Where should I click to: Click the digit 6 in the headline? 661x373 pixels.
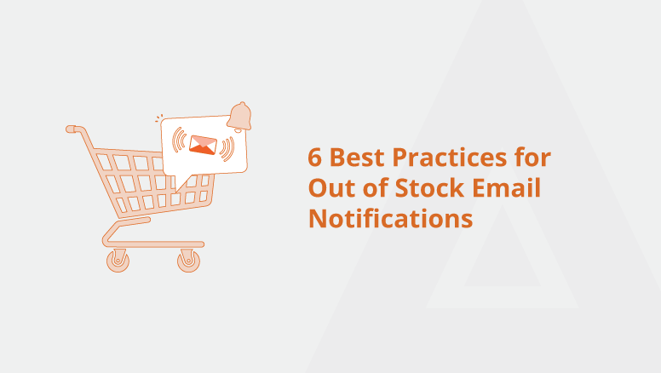(x=314, y=158)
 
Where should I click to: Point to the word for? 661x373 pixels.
(x=533, y=157)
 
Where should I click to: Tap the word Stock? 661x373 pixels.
(x=429, y=187)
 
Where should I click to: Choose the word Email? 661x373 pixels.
(x=506, y=187)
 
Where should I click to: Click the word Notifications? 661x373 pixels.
(x=391, y=218)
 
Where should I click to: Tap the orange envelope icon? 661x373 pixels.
(x=204, y=145)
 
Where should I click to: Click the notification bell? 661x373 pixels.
(x=239, y=117)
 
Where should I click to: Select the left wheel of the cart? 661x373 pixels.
(x=118, y=261)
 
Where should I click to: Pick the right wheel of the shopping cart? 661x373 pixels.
(x=188, y=261)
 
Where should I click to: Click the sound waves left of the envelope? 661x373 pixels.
(x=180, y=140)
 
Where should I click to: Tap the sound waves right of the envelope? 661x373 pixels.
(x=227, y=149)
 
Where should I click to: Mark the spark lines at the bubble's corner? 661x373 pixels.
(x=158, y=118)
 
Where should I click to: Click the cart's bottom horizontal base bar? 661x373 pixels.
(x=154, y=244)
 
